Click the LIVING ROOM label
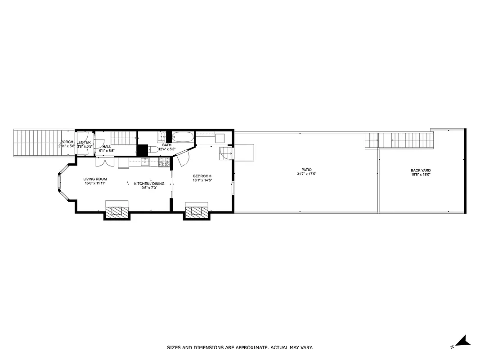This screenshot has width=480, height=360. click(95, 179)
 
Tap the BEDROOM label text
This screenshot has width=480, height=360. click(202, 176)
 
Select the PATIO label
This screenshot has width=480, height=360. click(307, 170)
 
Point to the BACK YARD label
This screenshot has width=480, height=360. click(421, 171)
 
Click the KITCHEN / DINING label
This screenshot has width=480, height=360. click(149, 184)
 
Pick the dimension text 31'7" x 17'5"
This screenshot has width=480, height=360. click(307, 174)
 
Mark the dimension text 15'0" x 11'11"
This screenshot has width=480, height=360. click(95, 183)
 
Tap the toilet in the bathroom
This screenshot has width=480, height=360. click(153, 149)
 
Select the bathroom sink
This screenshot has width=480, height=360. click(161, 136)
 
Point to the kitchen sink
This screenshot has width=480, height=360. click(145, 162)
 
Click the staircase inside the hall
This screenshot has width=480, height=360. click(123, 138)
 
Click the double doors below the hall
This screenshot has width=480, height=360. click(103, 162)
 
